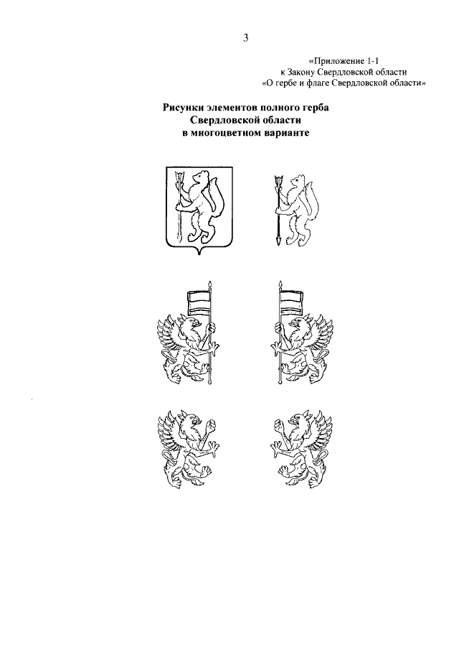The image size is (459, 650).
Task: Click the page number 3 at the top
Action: pos(246,38)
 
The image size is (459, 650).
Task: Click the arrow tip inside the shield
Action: pos(179,177)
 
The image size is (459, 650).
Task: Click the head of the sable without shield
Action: pos(297,181)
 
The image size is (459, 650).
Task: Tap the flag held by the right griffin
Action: pos(290,302)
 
